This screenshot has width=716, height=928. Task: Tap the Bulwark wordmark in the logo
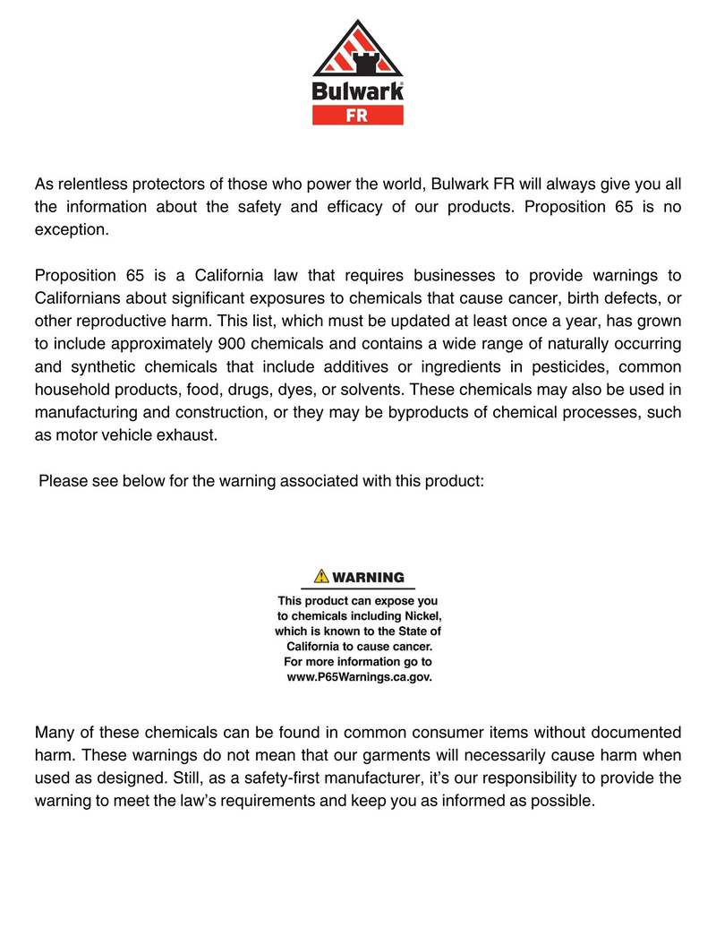point(357,90)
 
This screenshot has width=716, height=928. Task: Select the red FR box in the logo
point(357,115)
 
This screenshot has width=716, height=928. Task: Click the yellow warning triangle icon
point(321,576)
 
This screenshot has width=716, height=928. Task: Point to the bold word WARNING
point(368,577)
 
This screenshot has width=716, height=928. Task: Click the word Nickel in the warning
point(421,616)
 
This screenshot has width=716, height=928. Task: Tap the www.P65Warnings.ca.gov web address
point(358,677)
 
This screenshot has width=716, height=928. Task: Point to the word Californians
point(78,297)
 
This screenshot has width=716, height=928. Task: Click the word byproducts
point(426,414)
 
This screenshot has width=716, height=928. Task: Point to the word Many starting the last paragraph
point(54,732)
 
